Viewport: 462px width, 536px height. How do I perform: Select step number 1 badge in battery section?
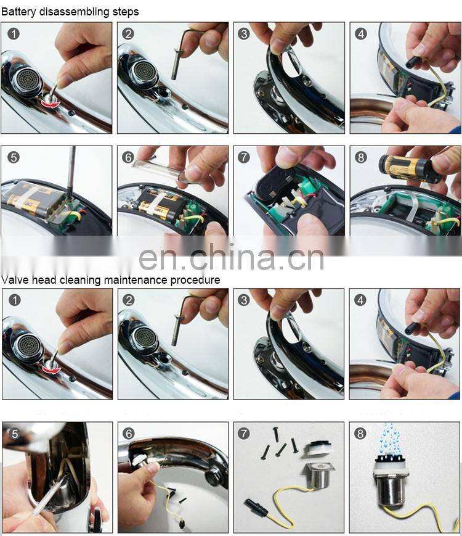coord(13,33)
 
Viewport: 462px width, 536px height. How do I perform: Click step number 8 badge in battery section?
coord(361,157)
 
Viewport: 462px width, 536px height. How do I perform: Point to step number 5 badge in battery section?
coord(13,157)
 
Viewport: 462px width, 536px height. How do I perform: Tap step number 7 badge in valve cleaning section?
coord(245,434)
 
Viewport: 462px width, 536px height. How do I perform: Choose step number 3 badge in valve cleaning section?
coord(245,300)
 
